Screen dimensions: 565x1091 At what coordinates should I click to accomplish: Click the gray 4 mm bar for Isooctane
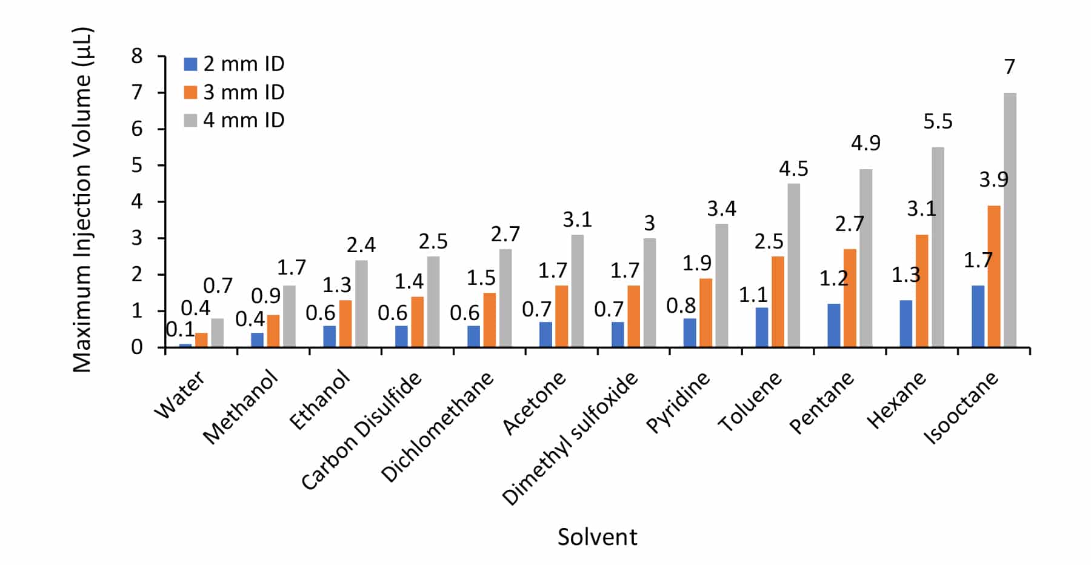click(1010, 219)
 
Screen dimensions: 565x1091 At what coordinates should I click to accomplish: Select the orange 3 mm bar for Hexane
click(921, 291)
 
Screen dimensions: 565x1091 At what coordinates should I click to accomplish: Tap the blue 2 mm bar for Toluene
click(761, 327)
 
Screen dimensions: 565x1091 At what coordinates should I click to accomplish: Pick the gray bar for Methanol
click(289, 316)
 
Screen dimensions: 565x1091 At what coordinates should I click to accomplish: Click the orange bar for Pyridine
click(706, 313)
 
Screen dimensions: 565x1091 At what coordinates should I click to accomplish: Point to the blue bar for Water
click(185, 345)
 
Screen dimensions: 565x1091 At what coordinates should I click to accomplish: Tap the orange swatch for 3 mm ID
click(190, 92)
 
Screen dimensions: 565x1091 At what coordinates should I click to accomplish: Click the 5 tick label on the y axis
click(137, 165)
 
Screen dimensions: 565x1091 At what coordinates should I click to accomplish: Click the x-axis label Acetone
click(534, 403)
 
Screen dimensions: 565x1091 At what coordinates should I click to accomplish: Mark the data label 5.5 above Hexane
click(938, 122)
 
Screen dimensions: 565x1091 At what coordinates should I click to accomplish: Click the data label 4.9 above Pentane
click(866, 143)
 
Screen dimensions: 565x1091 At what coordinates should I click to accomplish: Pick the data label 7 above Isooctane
click(1009, 67)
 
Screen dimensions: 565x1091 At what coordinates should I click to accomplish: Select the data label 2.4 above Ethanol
click(361, 245)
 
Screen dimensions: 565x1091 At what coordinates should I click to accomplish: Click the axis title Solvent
click(597, 537)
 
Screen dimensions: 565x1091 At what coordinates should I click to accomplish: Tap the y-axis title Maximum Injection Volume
click(82, 200)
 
